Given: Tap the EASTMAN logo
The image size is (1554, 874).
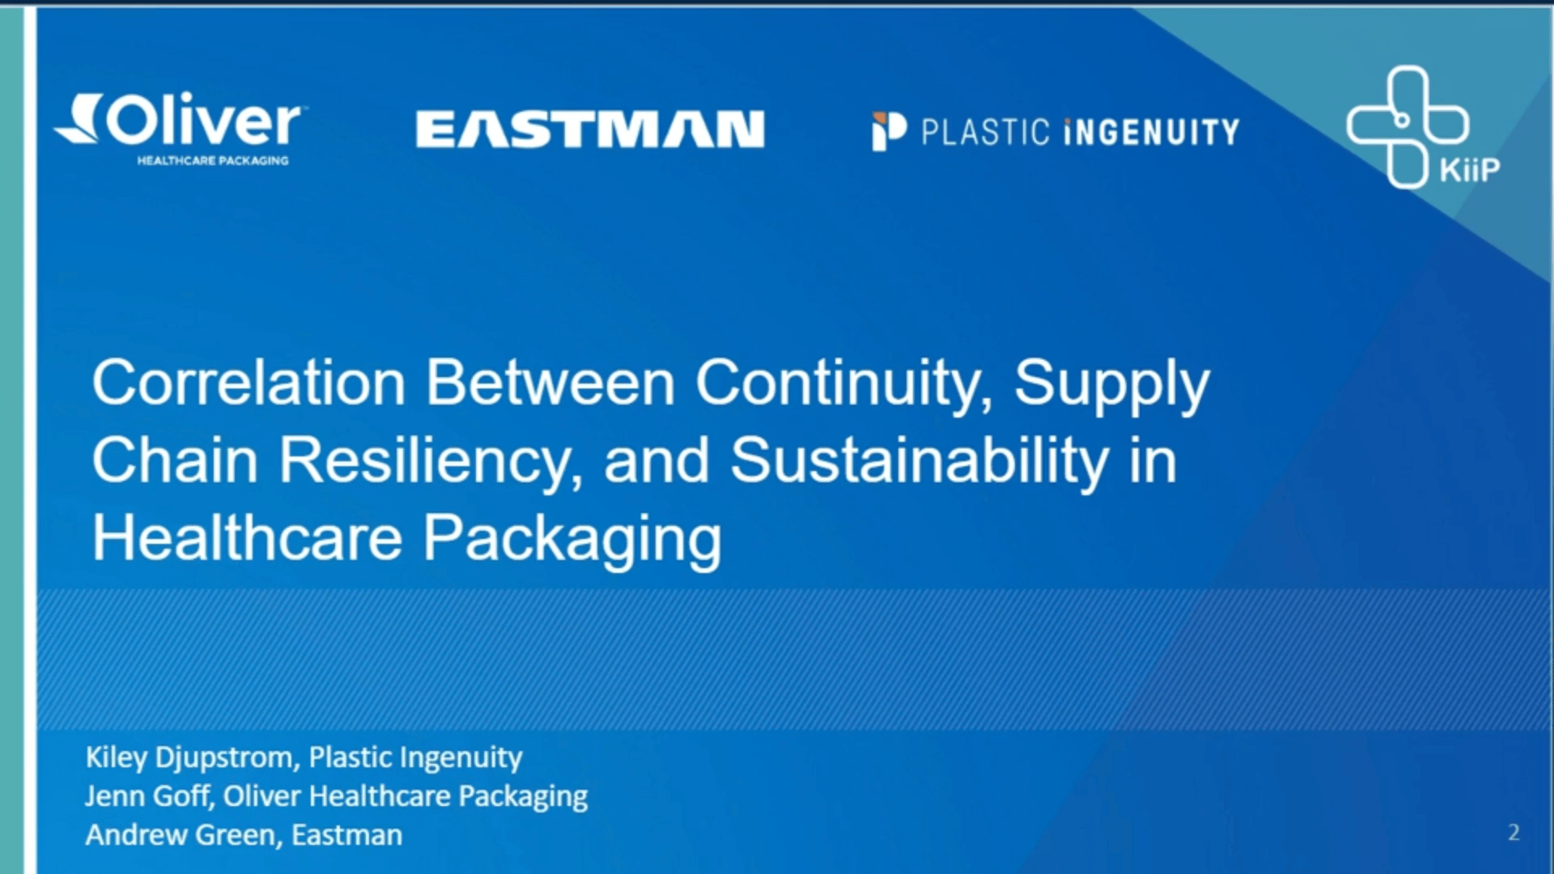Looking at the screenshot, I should point(590,129).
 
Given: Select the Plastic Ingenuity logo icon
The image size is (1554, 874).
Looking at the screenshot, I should point(889,131).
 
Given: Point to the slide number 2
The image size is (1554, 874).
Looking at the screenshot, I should point(1514,833).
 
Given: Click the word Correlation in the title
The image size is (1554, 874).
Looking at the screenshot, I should point(248,383).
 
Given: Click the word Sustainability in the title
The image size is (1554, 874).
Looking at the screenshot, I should point(919,460).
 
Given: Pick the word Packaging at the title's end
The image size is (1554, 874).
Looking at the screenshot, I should point(572,539).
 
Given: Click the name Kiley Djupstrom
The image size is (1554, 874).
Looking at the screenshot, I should point(189,757).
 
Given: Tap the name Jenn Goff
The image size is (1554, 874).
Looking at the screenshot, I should point(147,796).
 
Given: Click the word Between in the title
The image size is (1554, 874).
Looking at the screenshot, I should point(550,383).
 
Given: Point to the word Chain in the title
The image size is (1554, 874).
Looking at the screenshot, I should point(175,460).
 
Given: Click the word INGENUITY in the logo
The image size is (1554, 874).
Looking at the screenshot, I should point(1152,132).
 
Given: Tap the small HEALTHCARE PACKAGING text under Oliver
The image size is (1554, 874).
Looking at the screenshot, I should point(213,161).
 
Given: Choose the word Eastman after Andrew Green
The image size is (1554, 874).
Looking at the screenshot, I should point(346,835).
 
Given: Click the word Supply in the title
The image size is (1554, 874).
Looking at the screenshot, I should point(1111,383).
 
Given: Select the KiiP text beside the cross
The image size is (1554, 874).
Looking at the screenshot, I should point(1469,170).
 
